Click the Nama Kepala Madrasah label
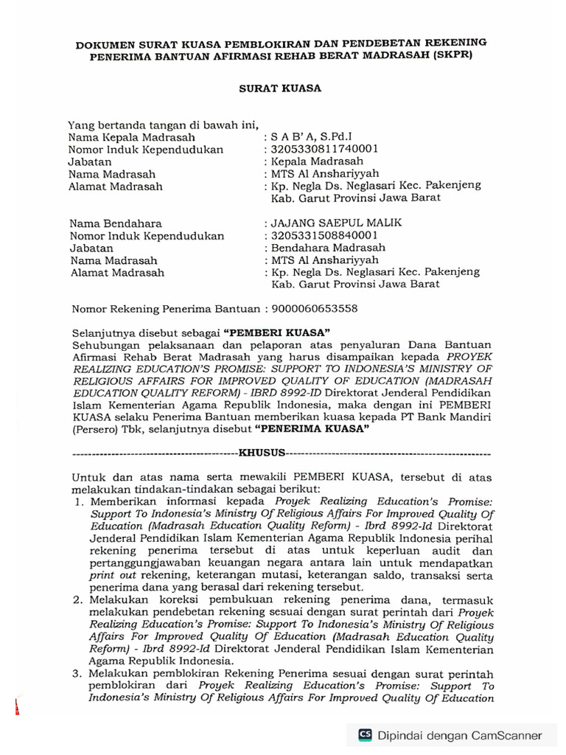(x=132, y=137)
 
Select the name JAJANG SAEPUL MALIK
(x=335, y=223)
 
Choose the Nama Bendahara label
(x=116, y=223)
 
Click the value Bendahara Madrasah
(x=328, y=248)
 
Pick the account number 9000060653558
(x=315, y=310)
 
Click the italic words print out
(x=118, y=572)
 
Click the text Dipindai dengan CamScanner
(x=460, y=735)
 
